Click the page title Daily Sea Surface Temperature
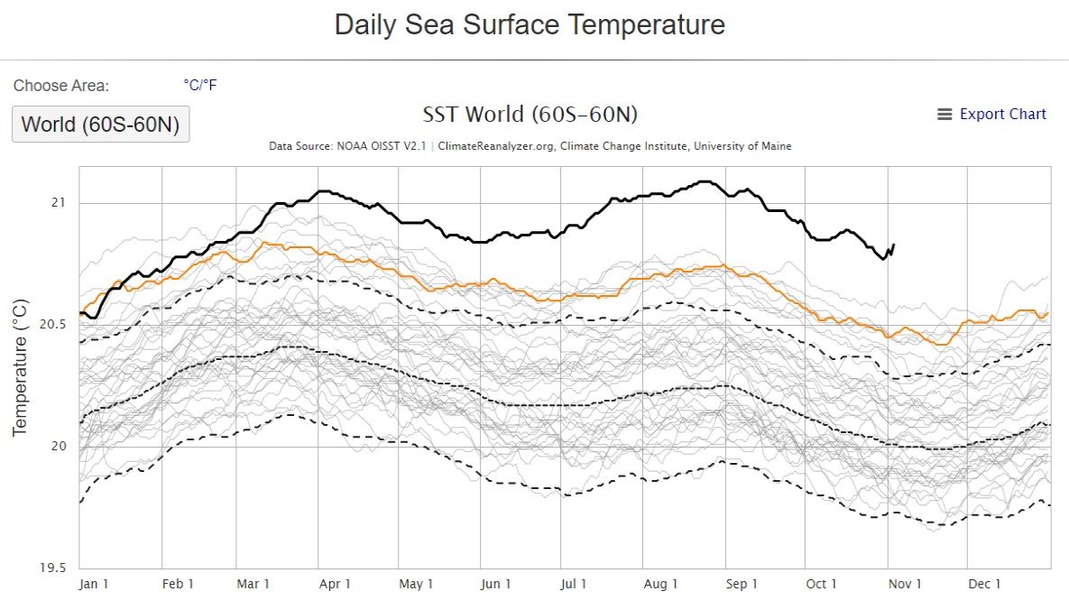[530, 24]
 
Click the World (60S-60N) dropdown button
[100, 125]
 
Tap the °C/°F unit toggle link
[200, 86]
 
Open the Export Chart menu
[1001, 115]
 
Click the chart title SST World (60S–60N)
[530, 115]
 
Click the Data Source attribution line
[530, 146]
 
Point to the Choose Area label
[61, 86]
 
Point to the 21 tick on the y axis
[58, 202]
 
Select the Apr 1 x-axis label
[335, 585]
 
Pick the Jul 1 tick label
[574, 585]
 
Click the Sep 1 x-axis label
[742, 585]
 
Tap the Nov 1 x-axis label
[905, 585]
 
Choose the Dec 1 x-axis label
[984, 585]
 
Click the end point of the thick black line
[893, 245]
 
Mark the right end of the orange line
[1047, 314]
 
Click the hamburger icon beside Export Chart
[945, 115]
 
